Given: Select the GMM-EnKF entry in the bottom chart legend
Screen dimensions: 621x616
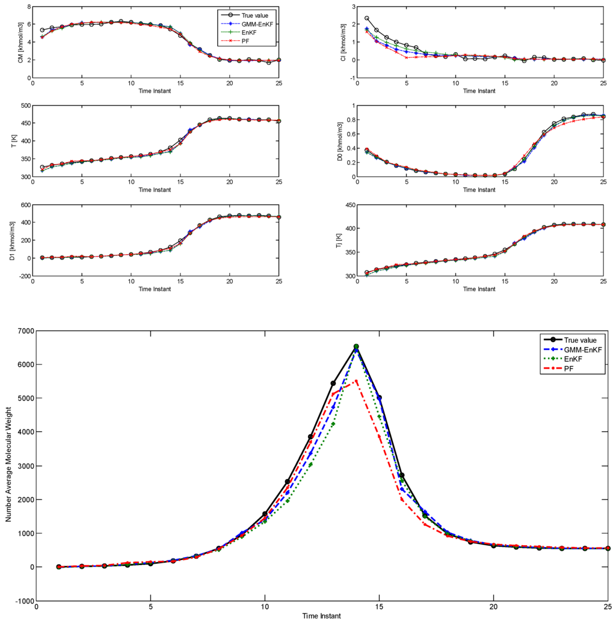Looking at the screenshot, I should point(576,349).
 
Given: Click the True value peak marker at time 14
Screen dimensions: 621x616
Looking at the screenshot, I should point(356,347).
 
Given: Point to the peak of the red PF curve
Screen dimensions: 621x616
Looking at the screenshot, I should point(356,381).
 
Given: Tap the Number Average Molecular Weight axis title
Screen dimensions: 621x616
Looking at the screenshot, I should point(8,464).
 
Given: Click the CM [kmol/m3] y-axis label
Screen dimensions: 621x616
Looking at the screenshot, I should point(20,44).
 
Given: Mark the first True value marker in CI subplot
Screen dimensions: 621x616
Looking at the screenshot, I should point(367,19).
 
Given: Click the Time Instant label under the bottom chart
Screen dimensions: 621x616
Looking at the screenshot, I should point(322,616).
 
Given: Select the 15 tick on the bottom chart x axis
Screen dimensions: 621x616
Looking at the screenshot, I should point(379,607).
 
